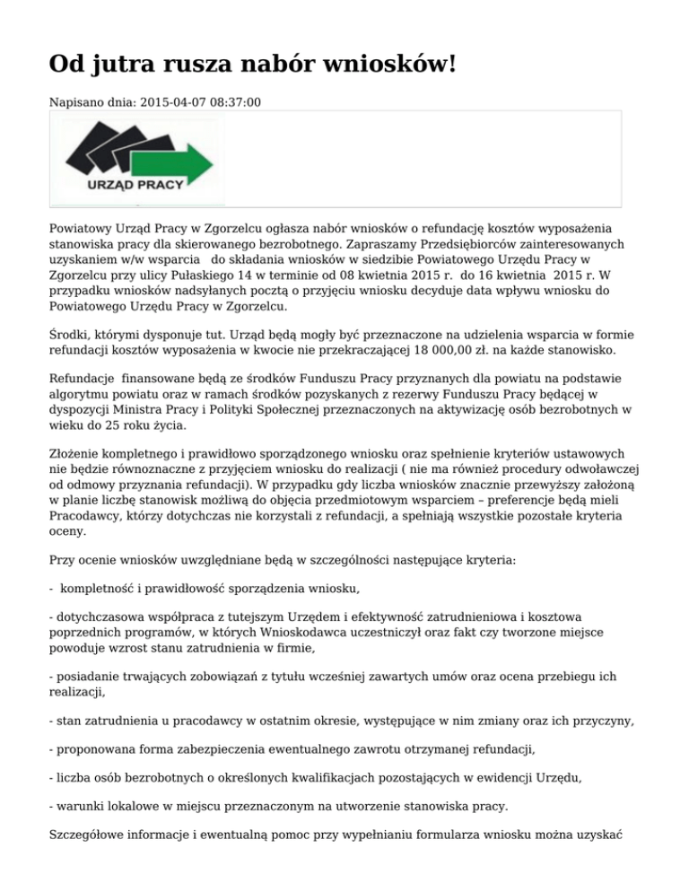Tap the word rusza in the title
point(215,66)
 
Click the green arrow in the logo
point(180,162)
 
